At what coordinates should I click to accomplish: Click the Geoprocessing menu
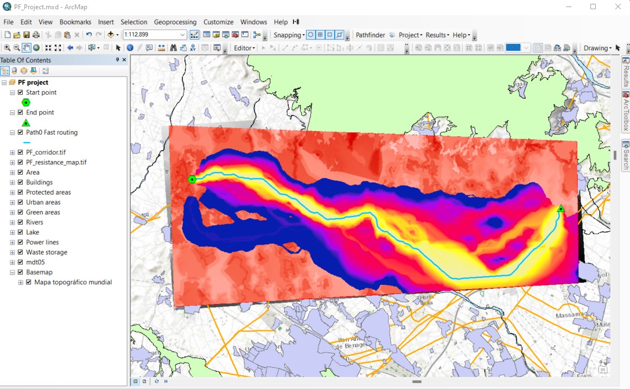coord(175,22)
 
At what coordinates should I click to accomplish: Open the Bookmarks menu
coord(75,22)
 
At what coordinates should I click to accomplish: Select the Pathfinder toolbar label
coord(370,35)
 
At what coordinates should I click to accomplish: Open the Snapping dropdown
coord(289,35)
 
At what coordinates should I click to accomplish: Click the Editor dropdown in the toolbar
coord(244,48)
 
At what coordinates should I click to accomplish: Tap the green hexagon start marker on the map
coord(192,180)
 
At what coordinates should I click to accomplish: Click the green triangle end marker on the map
coord(561,208)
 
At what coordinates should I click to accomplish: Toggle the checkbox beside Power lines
coord(21,243)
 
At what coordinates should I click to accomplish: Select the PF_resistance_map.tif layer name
coord(56,162)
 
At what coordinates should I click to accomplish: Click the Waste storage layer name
coord(47,252)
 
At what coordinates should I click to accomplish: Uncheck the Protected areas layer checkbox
coord(21,193)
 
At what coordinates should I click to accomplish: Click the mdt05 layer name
coord(35,263)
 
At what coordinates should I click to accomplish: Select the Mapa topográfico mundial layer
coord(73,282)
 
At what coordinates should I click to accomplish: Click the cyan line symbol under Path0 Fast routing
coord(27,143)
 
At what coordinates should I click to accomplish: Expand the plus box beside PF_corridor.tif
coord(12,152)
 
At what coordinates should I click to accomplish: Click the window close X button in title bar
coord(618,7)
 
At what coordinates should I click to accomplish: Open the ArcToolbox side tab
coord(626,111)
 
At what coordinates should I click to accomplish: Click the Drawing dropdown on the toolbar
coord(597,48)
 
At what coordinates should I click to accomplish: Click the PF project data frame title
coord(33,82)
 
